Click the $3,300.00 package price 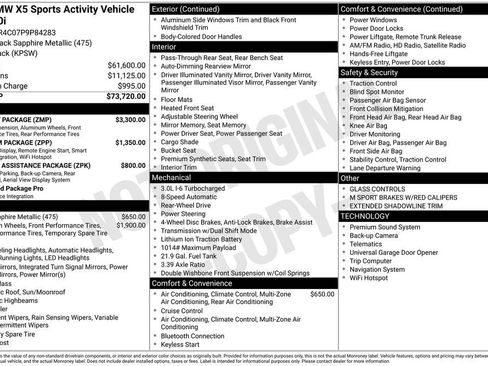pyautogui.click(x=130, y=119)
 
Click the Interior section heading pyautogui.click(x=164, y=47)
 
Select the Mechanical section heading pyautogui.click(x=173, y=176)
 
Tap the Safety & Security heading pyautogui.click(x=369, y=72)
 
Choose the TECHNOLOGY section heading pyautogui.click(x=366, y=216)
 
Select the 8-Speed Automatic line pyautogui.click(x=190, y=196)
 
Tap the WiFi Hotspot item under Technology pyautogui.click(x=374, y=277)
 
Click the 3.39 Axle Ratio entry pyautogui.click(x=188, y=262)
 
